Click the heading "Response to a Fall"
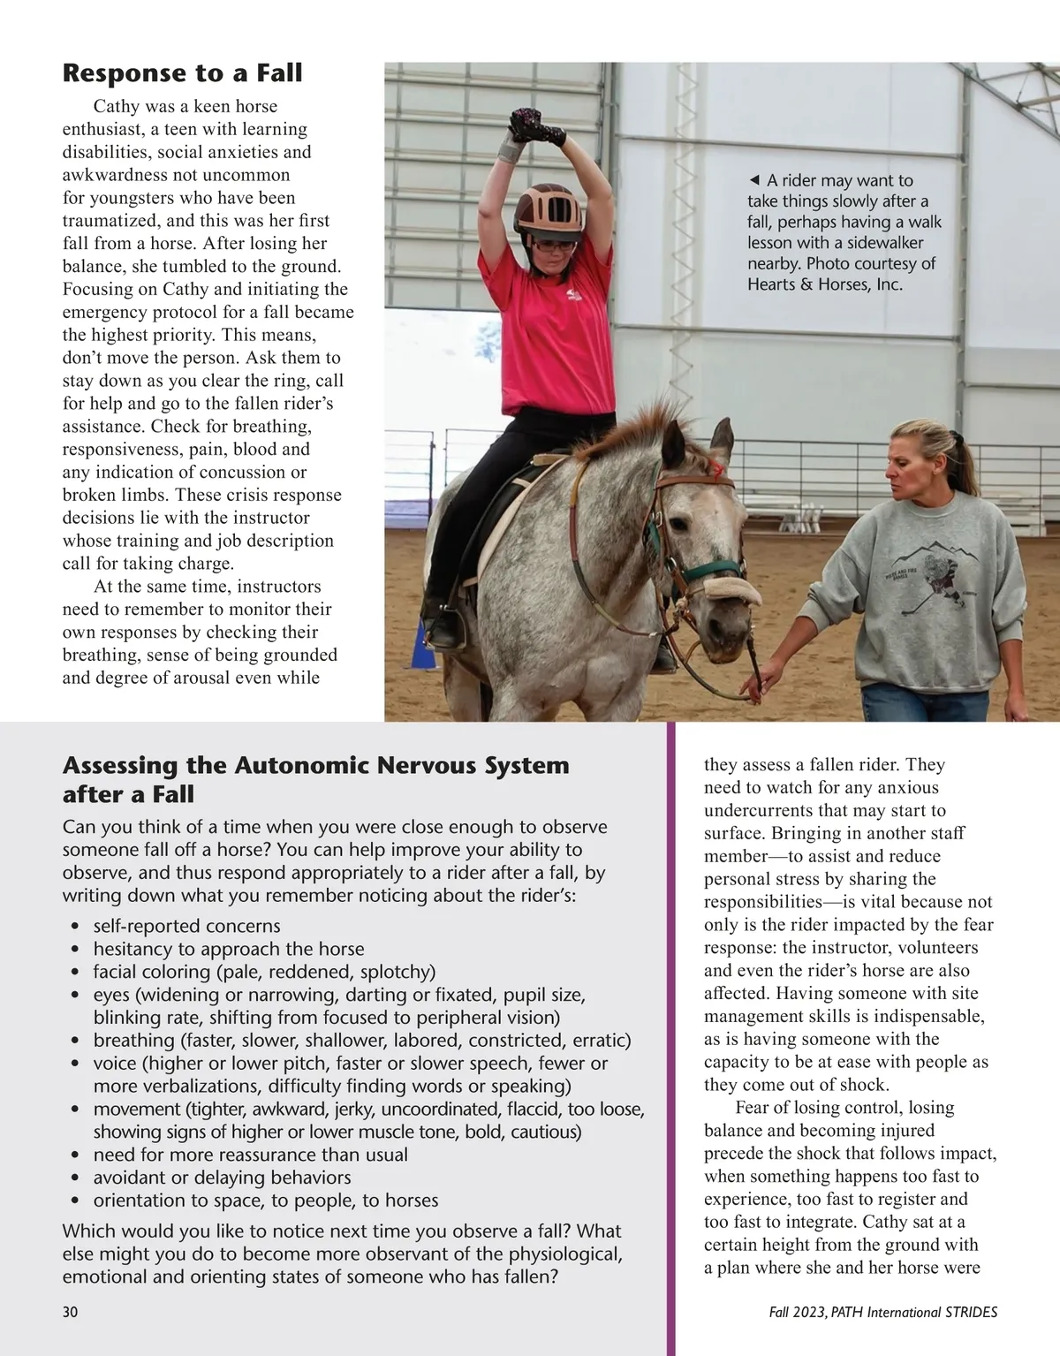tap(182, 72)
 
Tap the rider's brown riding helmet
tap(549, 208)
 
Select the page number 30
tap(70, 1312)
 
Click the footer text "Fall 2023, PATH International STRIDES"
tap(883, 1312)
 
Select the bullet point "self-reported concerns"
tap(186, 926)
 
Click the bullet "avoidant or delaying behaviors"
tap(222, 1178)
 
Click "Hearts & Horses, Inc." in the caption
tap(825, 284)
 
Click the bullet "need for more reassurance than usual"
tap(251, 1155)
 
